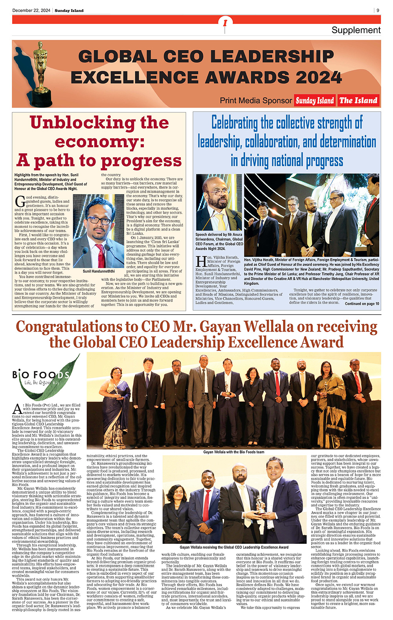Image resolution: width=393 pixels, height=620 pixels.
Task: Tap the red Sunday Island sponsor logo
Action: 315,101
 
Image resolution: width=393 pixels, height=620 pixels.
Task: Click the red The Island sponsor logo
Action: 358,101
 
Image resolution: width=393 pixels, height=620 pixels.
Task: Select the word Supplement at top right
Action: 356,30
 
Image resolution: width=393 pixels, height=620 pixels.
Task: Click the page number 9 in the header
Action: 378,11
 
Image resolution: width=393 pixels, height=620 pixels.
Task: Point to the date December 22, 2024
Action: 31,11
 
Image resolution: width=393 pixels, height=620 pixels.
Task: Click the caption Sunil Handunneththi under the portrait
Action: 99,271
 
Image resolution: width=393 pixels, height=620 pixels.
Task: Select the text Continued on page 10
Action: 362,304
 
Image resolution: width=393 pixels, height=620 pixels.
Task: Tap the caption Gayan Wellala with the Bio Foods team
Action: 233,452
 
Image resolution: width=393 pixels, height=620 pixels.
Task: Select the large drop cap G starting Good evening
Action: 19,201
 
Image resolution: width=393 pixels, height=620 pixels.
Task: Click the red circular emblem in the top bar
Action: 225,23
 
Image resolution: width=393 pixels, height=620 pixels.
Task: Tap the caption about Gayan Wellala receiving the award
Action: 234,547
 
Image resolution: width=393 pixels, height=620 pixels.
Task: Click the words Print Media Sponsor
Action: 256,101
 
